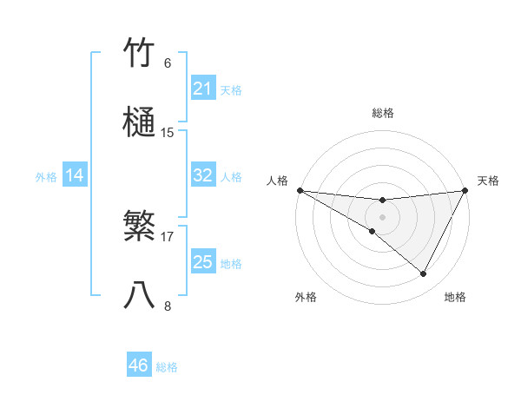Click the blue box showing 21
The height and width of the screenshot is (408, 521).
pos(202,89)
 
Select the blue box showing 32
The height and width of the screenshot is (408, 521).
pos(202,175)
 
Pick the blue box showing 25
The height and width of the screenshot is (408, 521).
pos(202,262)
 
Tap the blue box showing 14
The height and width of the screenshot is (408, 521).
pos(75,175)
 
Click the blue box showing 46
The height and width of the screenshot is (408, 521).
pos(139,365)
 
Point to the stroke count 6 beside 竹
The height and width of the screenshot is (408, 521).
pos(168,63)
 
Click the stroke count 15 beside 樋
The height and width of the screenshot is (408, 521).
pos(168,133)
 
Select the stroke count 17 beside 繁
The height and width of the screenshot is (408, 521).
pos(168,236)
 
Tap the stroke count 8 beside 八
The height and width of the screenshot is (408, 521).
pos(168,306)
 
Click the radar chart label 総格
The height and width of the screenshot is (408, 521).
pos(382,113)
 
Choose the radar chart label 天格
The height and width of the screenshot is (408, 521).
pos(488,181)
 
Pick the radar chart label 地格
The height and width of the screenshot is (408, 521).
pos(455,297)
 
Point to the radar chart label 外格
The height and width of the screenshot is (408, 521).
pos(306,297)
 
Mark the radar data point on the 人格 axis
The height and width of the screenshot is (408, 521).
pos(300,190)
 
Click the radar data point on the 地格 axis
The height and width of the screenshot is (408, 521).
pos(424,274)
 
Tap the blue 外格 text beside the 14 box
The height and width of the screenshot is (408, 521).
pos(46,176)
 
